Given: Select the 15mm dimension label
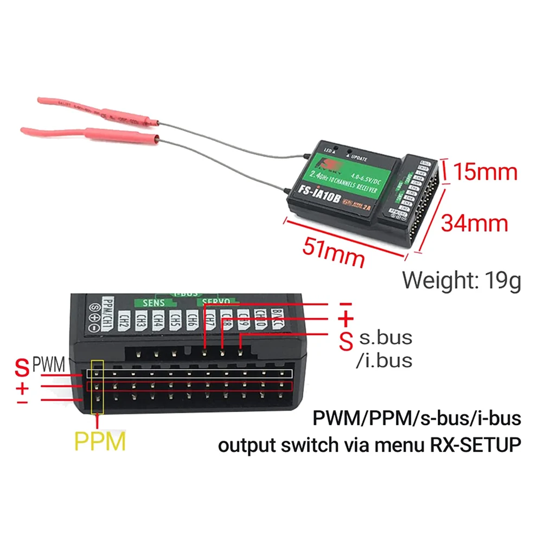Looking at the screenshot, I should (484, 173).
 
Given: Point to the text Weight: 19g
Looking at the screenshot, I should (461, 280).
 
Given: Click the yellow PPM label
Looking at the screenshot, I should (100, 441).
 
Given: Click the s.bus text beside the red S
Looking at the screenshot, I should (385, 338).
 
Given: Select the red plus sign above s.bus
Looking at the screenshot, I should (346, 320).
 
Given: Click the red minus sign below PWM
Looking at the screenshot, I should (22, 403).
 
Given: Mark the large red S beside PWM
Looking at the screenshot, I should (22, 369).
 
